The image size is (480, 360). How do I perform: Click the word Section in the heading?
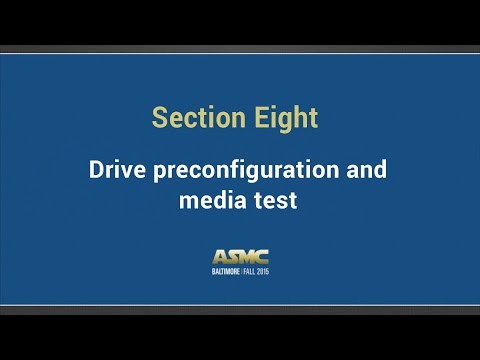pos(193,118)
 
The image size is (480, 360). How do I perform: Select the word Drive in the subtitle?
pos(116,169)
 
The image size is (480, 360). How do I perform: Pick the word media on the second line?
pos(209,200)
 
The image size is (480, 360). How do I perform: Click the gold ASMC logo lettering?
pos(240,257)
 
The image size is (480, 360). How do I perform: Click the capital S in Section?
pos(159,118)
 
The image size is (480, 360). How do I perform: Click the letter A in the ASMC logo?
pos(220,257)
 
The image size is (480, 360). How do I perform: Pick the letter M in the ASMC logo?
pos(246,257)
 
